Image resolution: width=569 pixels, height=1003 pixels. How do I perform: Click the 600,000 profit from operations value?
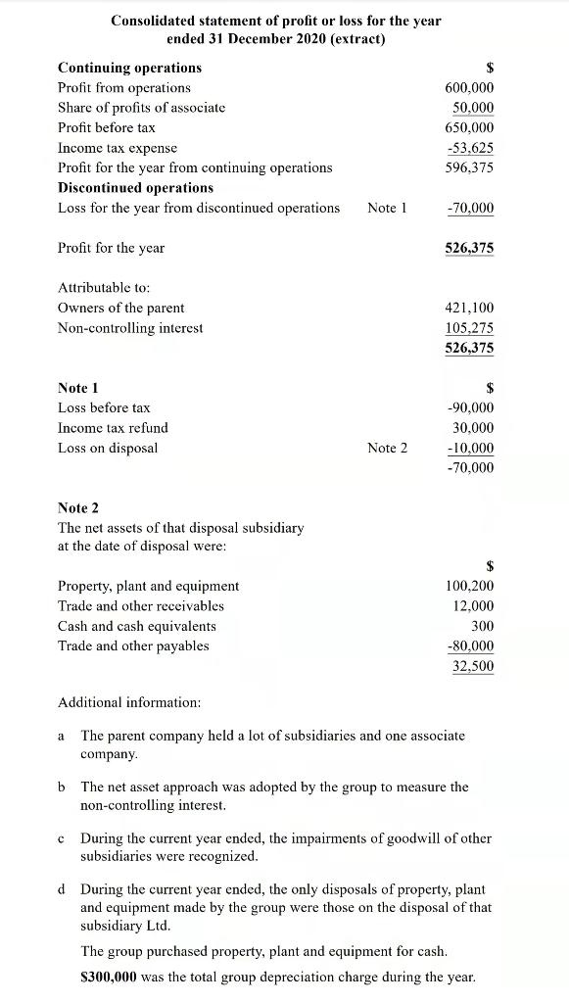point(469,87)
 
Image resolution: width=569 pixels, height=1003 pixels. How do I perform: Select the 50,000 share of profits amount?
point(473,108)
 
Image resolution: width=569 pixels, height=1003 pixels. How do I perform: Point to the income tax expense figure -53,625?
point(470,148)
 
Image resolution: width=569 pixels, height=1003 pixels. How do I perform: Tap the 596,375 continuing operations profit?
point(471,167)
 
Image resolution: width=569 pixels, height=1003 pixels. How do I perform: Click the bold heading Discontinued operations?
point(135,187)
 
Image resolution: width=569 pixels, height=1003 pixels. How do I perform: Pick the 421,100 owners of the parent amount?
point(470,308)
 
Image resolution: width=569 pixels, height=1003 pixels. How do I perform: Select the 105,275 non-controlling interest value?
point(470,328)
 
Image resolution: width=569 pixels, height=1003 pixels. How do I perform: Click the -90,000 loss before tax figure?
point(470,407)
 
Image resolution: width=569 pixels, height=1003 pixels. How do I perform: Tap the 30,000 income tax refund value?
point(473,428)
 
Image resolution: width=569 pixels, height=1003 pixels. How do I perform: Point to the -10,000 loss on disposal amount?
point(470,449)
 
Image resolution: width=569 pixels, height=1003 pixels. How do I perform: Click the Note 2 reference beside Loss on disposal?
point(387,448)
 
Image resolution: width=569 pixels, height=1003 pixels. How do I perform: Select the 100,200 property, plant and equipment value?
point(470,586)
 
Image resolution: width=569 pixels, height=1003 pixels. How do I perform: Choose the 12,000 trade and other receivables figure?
point(473,605)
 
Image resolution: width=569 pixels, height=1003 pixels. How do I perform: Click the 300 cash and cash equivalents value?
point(482,626)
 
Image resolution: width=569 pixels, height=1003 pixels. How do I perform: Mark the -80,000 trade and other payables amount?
point(470,646)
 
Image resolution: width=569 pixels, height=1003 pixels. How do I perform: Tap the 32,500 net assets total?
point(473,666)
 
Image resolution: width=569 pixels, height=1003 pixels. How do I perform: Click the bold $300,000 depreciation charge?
point(111,977)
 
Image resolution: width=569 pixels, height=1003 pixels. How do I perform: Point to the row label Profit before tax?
point(107,127)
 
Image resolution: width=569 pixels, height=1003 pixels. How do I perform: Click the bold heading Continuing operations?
point(129,68)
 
